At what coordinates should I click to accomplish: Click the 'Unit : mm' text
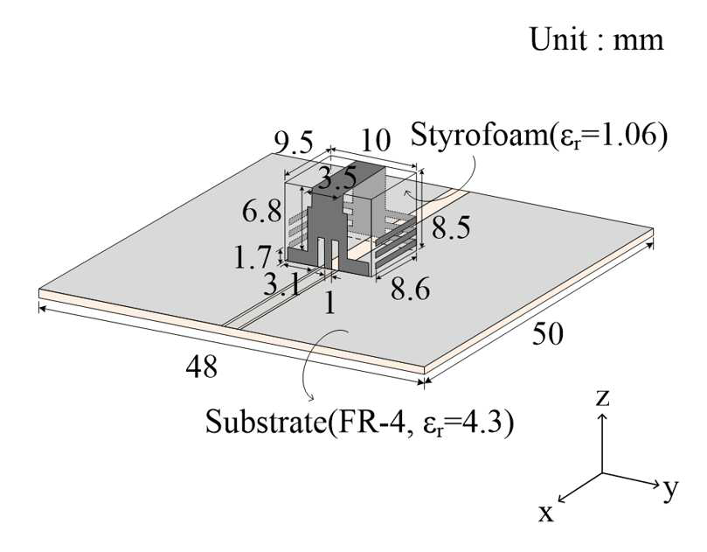597,39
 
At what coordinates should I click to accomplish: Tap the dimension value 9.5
294,143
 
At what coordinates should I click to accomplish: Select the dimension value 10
375,140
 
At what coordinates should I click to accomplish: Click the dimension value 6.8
262,210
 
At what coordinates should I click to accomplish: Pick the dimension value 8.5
451,227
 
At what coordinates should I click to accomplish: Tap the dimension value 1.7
253,256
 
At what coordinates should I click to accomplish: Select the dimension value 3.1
281,285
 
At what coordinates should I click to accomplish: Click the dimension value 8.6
411,289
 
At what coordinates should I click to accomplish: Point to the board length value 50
548,334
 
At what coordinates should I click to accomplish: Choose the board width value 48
202,366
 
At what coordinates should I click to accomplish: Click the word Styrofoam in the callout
478,134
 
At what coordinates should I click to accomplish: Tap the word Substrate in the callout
265,422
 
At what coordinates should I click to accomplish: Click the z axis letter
603,399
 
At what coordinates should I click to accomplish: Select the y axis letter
670,489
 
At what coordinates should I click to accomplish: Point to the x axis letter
546,514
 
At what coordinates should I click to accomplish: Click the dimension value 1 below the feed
330,303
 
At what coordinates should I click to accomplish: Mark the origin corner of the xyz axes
603,473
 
